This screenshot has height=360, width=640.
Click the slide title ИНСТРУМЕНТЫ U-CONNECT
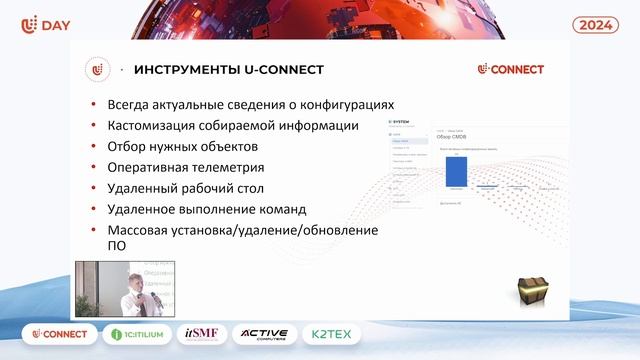point(228,69)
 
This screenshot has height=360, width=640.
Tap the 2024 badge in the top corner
point(597,24)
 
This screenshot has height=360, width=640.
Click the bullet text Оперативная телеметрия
point(185,167)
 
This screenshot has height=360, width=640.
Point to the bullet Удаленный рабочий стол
point(185,188)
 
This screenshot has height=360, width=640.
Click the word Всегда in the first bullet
point(130,104)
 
